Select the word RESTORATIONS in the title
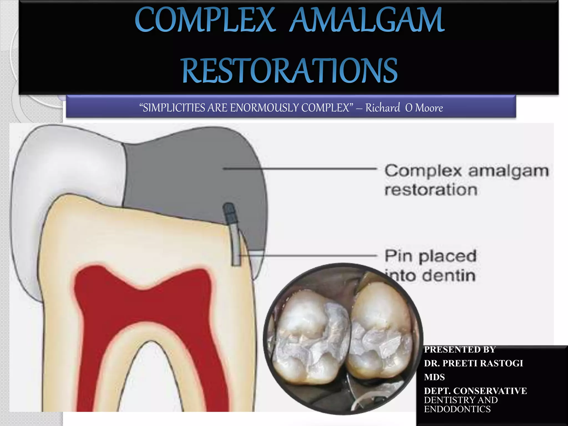290,70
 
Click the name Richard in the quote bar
383,108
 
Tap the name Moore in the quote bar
429,108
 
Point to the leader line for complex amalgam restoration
300,168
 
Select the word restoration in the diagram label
431,190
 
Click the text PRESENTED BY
460,349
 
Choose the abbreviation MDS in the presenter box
434,377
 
